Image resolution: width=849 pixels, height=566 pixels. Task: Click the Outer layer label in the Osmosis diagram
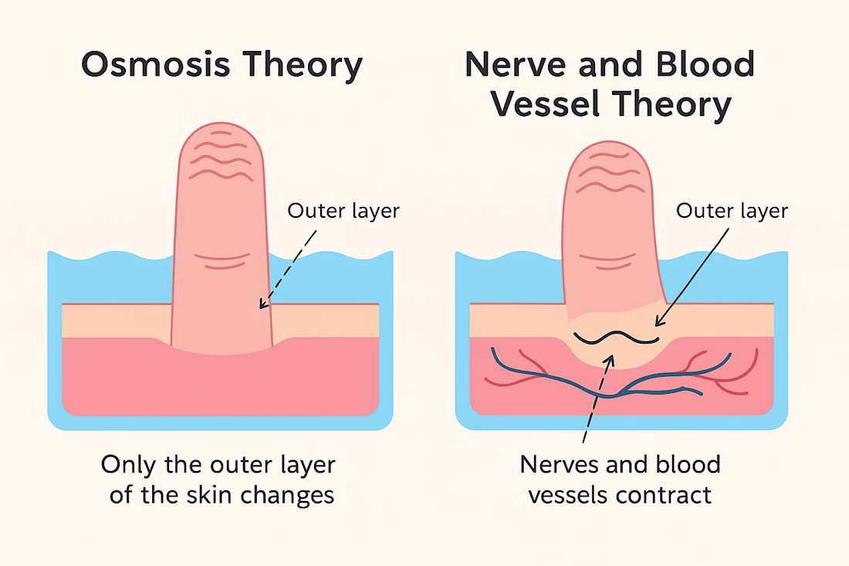click(x=343, y=210)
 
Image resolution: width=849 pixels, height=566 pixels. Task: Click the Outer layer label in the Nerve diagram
click(x=732, y=210)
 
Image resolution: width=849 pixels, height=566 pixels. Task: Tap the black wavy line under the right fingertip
click(x=616, y=337)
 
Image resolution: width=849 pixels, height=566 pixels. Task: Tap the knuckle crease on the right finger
click(x=611, y=260)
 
